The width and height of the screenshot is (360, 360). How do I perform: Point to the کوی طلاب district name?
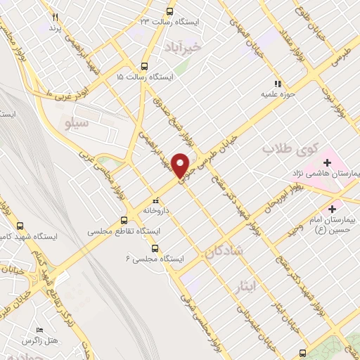click(x=290, y=149)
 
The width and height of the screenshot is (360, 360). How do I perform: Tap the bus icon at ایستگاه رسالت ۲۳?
click(x=169, y=11)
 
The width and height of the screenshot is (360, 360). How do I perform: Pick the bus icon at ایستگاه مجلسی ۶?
click(x=155, y=247)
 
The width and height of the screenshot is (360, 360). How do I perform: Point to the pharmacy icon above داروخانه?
click(x=155, y=200)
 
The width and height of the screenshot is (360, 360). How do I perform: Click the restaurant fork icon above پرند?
click(x=55, y=17)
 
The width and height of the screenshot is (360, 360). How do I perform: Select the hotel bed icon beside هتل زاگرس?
click(x=40, y=330)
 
